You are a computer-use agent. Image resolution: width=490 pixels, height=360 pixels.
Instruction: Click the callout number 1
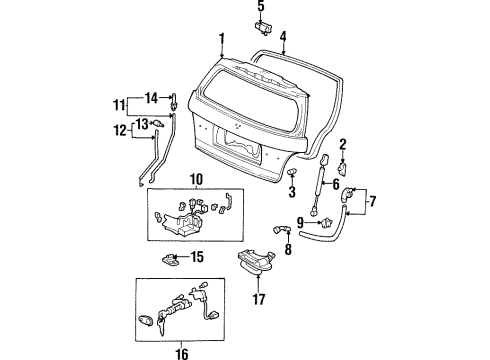pos(222,39)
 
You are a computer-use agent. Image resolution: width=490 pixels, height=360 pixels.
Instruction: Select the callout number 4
pos(283,38)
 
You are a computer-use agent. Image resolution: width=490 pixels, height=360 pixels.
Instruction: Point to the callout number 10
pos(195,179)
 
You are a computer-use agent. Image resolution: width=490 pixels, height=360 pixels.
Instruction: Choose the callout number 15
pos(197,258)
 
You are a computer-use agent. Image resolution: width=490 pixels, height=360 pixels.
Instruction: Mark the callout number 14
pos(152,97)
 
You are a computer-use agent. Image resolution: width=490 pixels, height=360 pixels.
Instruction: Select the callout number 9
pos(300,222)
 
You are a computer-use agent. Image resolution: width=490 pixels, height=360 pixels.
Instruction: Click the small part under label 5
pos(261,26)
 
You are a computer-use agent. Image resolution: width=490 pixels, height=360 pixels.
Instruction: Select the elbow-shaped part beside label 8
pos(281,231)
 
